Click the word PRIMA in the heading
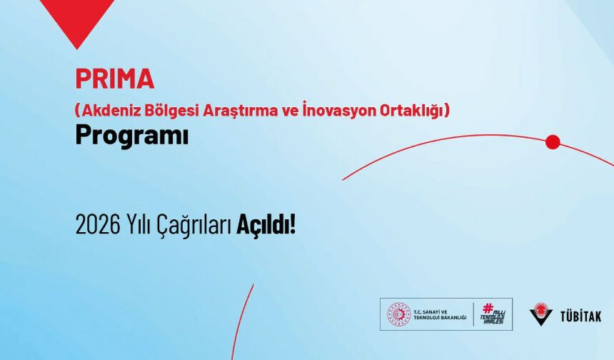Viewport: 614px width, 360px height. [114, 78]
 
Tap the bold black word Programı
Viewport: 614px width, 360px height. [131, 136]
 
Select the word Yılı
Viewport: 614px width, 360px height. [138, 226]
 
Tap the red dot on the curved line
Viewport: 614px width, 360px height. [553, 142]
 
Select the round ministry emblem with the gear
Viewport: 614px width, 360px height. [398, 314]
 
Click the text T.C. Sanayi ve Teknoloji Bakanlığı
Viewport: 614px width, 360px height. [440, 314]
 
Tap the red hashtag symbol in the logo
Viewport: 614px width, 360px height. [488, 308]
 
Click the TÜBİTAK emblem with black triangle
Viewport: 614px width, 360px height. [542, 314]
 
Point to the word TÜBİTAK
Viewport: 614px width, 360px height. [580, 315]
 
